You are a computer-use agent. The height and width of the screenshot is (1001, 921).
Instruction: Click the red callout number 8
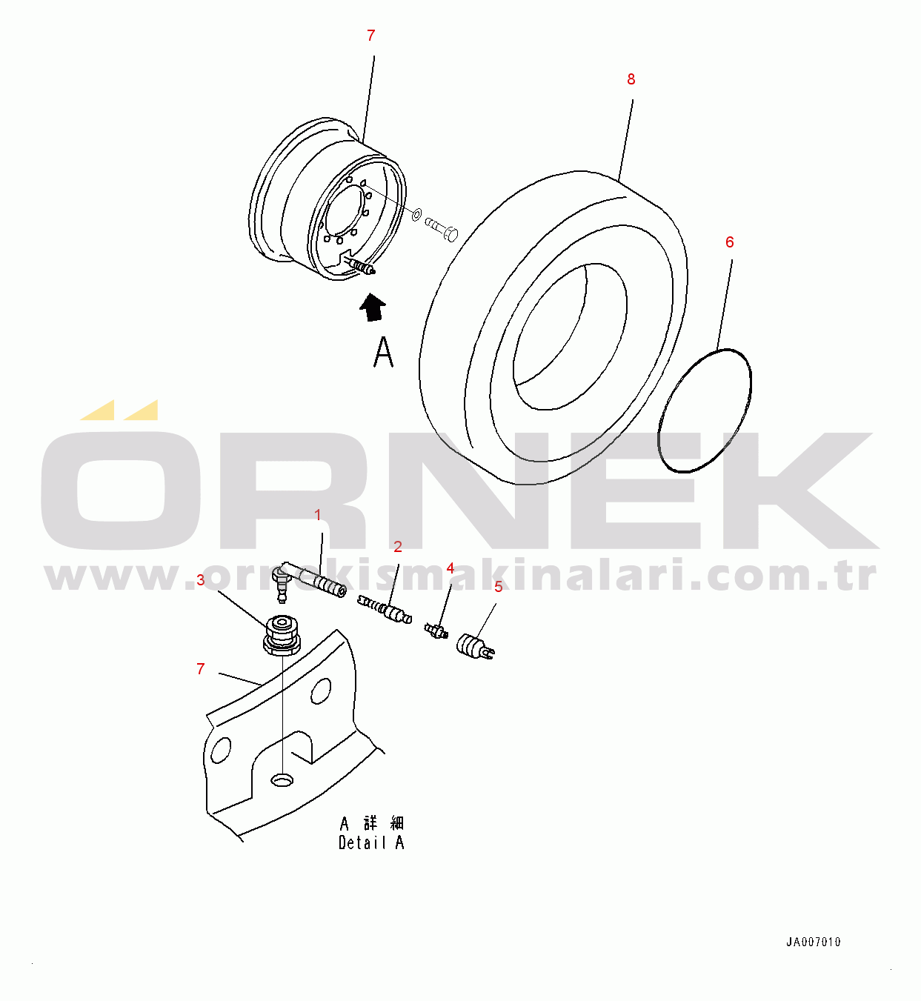[x=631, y=79]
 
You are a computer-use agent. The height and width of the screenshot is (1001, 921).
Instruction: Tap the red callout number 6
[x=729, y=242]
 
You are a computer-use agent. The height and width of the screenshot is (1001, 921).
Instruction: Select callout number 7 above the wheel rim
[x=371, y=36]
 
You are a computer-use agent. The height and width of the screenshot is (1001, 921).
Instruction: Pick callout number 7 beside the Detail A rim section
[x=201, y=668]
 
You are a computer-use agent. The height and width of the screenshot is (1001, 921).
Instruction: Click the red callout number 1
[x=318, y=515]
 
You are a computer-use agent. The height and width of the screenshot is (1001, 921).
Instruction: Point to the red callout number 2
[x=398, y=547]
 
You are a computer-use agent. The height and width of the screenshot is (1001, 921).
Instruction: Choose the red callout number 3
[x=201, y=580]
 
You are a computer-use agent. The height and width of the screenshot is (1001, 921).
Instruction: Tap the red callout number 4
[x=450, y=568]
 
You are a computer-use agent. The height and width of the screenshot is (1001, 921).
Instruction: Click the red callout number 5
[x=498, y=588]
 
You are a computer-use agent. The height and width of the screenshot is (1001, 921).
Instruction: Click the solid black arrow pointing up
[x=373, y=307]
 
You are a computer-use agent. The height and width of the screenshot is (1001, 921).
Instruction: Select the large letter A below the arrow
[x=383, y=352]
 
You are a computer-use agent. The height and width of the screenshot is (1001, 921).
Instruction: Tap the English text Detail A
[x=371, y=843]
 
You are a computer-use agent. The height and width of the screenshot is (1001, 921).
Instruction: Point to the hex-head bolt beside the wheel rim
[x=442, y=228]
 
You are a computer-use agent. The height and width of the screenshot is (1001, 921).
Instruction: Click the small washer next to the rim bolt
[x=417, y=215]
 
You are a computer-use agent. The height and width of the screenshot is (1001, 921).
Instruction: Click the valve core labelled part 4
[x=436, y=631]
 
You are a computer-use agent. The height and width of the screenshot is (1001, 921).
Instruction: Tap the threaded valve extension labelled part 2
[x=385, y=610]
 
